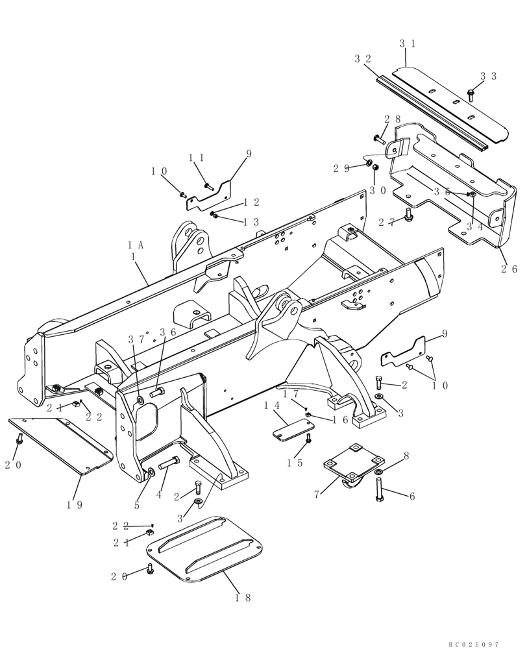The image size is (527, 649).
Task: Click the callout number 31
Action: coord(407,43)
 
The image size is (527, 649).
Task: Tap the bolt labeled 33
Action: coord(471,95)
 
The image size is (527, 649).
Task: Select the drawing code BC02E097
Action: coord(473,644)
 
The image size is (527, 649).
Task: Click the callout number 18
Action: coord(243,597)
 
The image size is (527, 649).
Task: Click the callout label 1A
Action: coord(136,245)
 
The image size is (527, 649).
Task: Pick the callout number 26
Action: coord(510,269)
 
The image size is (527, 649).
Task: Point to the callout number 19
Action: coord(75,505)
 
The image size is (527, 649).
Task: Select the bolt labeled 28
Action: coord(379,138)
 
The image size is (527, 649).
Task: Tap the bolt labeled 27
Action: coord(408,215)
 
